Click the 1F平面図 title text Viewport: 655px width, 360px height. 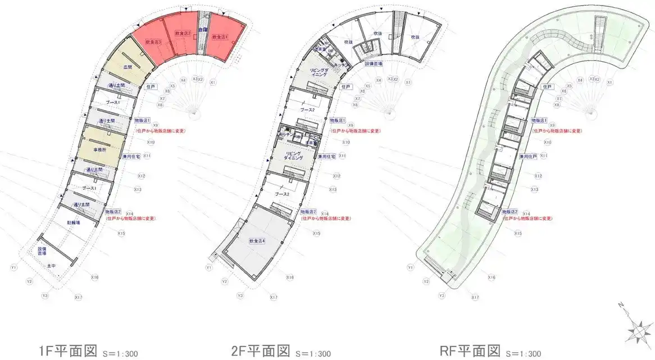click(68, 351)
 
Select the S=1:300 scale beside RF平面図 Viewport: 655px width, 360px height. click(523, 354)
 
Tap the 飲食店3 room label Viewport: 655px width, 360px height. click(153, 42)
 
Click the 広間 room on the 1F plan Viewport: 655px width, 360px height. click(129, 67)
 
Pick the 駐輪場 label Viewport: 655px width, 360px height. click(74, 222)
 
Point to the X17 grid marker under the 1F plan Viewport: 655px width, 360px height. click(78, 297)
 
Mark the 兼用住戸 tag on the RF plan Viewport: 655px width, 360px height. click(527, 156)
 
